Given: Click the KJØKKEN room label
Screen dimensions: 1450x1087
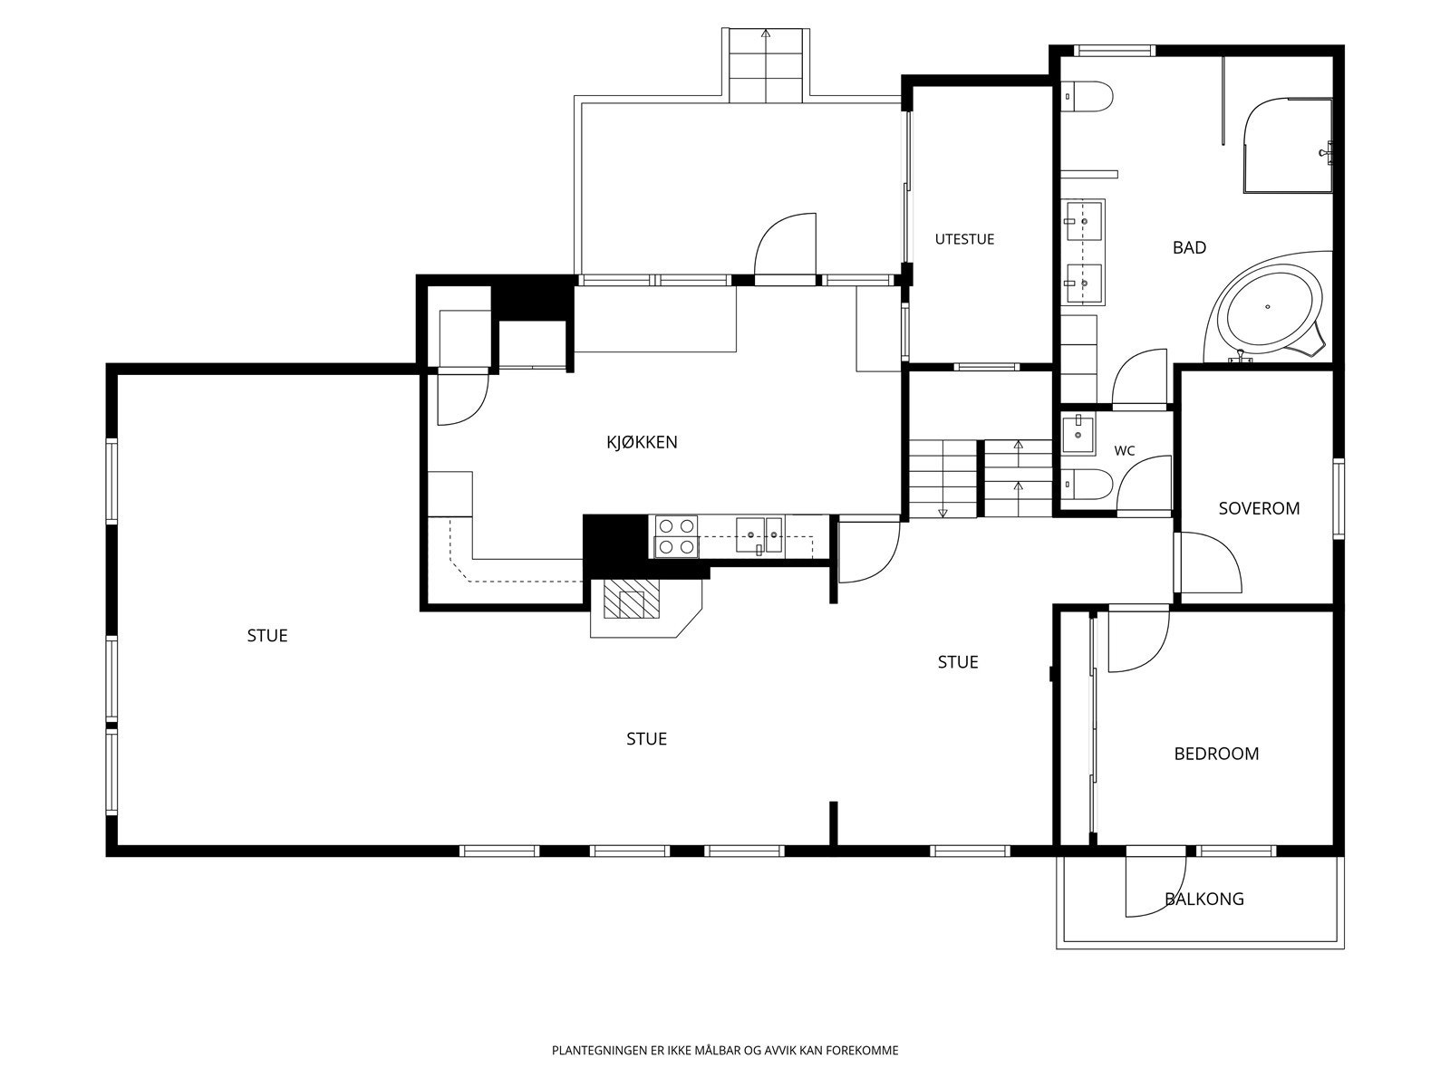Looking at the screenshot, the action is point(642,441).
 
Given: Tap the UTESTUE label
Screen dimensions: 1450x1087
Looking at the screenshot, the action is point(964,239).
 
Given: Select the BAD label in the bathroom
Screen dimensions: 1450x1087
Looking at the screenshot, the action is point(1189,247).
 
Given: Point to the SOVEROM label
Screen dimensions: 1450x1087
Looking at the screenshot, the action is point(1259,508).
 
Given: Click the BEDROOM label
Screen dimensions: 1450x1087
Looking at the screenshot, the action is point(1216,754).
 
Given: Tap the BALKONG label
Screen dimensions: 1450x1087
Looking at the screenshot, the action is point(1204,899).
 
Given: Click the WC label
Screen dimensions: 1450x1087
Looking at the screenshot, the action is point(1125,451).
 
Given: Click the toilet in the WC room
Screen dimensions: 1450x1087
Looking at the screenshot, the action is point(1087,485).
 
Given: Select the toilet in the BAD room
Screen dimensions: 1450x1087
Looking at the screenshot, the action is point(1087,96).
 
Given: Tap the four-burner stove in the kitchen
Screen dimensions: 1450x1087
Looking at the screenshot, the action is point(676,536).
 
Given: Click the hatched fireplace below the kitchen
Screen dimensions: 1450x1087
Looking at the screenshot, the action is point(633,600).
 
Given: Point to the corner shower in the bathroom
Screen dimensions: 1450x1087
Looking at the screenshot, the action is point(1288,146).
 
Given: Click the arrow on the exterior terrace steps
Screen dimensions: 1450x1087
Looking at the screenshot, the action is point(766,33).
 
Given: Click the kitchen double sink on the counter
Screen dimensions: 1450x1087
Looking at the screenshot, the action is point(759,535).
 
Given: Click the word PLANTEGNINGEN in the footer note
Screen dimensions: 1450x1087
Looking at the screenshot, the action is point(601,1050).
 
